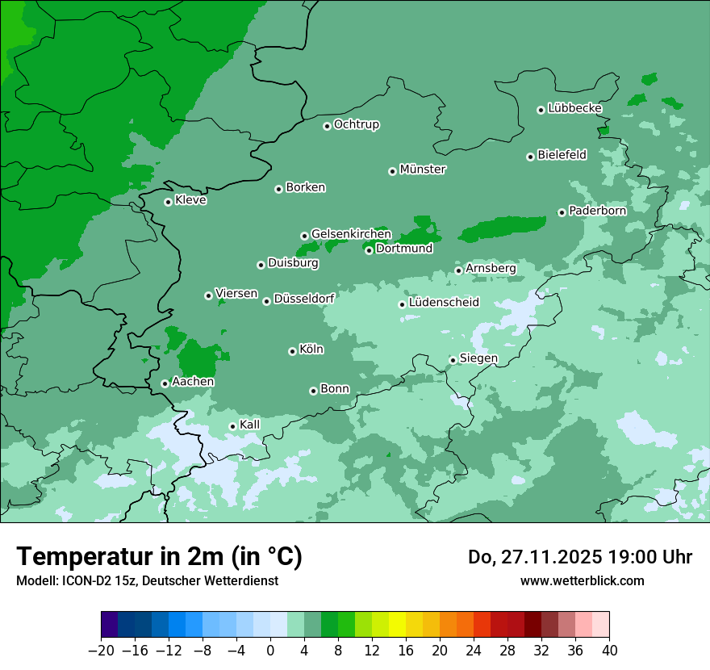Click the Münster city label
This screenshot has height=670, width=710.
423,170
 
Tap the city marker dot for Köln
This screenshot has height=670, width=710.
292,351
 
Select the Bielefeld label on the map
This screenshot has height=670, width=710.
562,154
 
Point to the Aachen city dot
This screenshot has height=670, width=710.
165,383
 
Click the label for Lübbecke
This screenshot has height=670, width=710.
574,108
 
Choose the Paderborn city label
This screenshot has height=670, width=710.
597,211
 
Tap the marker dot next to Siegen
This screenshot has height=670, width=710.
453,360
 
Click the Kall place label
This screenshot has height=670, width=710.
250,425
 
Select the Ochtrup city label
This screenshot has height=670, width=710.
357,124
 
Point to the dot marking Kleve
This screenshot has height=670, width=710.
168,202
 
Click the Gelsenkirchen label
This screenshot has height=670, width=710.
351,234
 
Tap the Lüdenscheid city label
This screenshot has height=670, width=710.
444,303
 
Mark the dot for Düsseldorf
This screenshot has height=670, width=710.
266,301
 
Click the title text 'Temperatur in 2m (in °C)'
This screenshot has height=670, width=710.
160,556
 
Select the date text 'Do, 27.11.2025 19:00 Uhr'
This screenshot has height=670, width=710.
580,557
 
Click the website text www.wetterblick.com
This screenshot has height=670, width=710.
582,580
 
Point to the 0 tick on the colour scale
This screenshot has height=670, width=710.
270,651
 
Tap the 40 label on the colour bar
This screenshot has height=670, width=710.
609,651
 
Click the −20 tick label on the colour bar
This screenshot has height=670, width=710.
101,651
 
